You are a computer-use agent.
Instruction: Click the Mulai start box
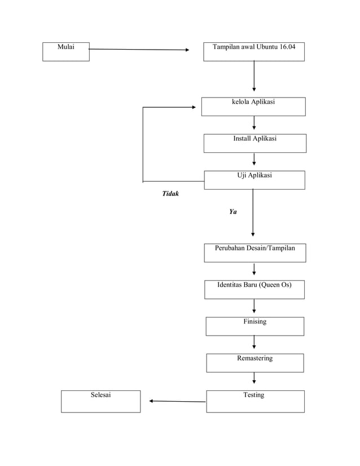click(66, 51)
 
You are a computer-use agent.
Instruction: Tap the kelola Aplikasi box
click(253, 106)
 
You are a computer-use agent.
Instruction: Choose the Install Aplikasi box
click(254, 143)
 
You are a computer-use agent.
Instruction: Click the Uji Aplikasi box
click(254, 179)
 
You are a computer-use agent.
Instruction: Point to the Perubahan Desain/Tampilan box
click(254, 253)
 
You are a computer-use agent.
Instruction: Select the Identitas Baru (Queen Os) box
click(254, 289)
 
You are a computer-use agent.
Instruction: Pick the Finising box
click(254, 326)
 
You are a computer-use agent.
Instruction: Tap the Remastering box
click(254, 363)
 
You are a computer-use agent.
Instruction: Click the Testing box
click(255, 401)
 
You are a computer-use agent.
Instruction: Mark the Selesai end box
click(100, 401)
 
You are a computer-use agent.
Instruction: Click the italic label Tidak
click(170, 194)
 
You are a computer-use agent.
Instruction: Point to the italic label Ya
click(232, 212)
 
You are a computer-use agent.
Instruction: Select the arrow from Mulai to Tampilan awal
click(138, 50)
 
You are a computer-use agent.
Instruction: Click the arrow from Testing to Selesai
click(178, 402)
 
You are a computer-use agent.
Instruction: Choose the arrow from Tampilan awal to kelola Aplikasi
click(254, 76)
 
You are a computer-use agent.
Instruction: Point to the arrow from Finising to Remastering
click(254, 342)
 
